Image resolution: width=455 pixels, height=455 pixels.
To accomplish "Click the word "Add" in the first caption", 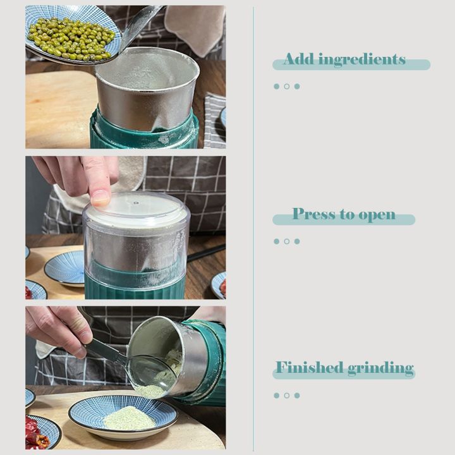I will pyautogui.click(x=298, y=59).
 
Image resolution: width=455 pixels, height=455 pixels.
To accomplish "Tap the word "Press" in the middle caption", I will pyautogui.click(x=314, y=214).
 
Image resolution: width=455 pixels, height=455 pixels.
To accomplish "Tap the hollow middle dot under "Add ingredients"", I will pyautogui.click(x=286, y=87).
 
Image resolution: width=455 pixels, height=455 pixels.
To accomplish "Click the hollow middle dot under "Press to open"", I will pyautogui.click(x=286, y=241).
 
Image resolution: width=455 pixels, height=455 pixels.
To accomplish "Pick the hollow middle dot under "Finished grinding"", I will pyautogui.click(x=286, y=396).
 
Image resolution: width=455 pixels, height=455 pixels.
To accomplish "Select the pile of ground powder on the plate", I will pyautogui.click(x=129, y=417).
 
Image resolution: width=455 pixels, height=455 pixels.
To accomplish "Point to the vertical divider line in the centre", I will pyautogui.click(x=253, y=227).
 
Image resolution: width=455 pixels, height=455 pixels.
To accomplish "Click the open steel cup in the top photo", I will pyautogui.click(x=147, y=88).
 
